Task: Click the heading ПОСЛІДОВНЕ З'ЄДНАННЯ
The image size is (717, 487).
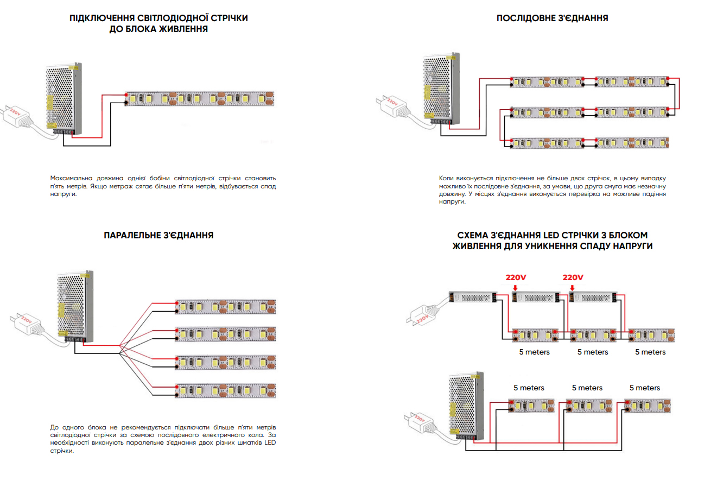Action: pyautogui.click(x=552, y=18)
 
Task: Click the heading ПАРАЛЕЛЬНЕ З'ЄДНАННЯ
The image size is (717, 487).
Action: pyautogui.click(x=158, y=235)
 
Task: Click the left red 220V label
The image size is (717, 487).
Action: pyautogui.click(x=516, y=277)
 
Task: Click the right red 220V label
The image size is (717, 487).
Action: pyautogui.click(x=573, y=277)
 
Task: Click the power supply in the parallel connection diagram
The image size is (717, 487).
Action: pyautogui.click(x=75, y=305)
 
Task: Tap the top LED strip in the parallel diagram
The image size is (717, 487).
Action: pyautogui.click(x=225, y=307)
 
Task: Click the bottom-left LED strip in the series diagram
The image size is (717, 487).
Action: pyautogui.click(x=547, y=143)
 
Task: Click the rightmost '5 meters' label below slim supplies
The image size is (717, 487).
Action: pyautogui.click(x=650, y=352)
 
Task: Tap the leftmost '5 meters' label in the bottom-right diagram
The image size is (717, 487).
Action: pyautogui.click(x=529, y=388)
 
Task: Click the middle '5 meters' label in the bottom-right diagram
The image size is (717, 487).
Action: pyautogui.click(x=587, y=388)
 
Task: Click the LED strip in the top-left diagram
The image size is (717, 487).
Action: pyautogui.click(x=200, y=99)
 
